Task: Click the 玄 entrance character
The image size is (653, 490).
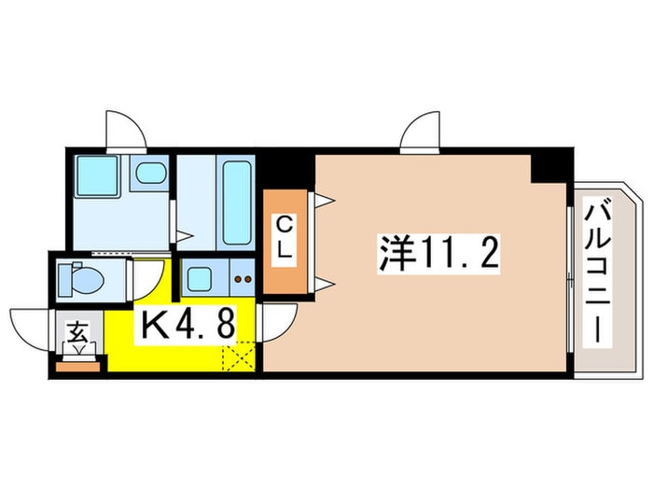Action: click(76, 331)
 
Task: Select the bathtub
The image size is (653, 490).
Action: click(236, 203)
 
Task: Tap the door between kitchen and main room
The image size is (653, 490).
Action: click(277, 322)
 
